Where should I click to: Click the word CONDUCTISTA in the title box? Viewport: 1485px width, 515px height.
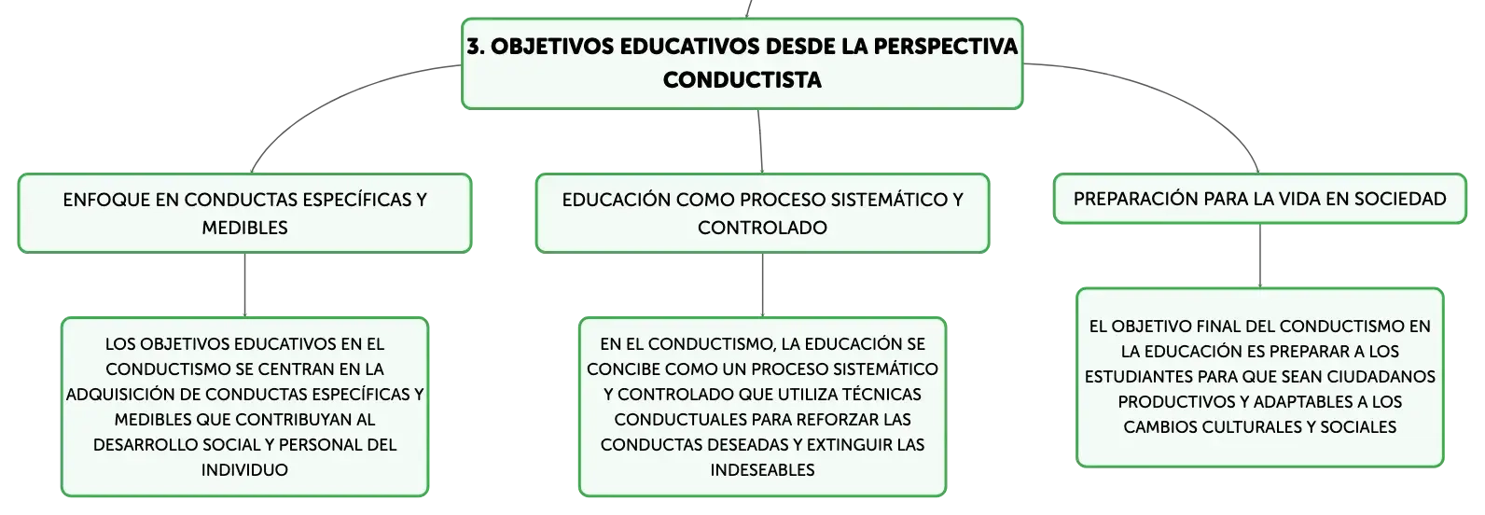click(x=742, y=80)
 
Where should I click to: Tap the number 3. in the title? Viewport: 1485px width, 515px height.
click(x=476, y=47)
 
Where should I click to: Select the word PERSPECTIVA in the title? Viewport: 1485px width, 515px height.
click(x=945, y=47)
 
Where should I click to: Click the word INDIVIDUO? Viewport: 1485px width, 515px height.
click(x=244, y=470)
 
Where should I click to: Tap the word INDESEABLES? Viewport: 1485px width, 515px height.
click(x=762, y=470)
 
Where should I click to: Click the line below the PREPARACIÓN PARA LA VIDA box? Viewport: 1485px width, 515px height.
click(x=1259, y=256)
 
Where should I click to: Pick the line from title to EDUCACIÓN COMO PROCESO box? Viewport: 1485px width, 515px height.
click(x=759, y=142)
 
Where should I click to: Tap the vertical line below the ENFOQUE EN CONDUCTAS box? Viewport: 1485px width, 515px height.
click(x=244, y=285)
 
